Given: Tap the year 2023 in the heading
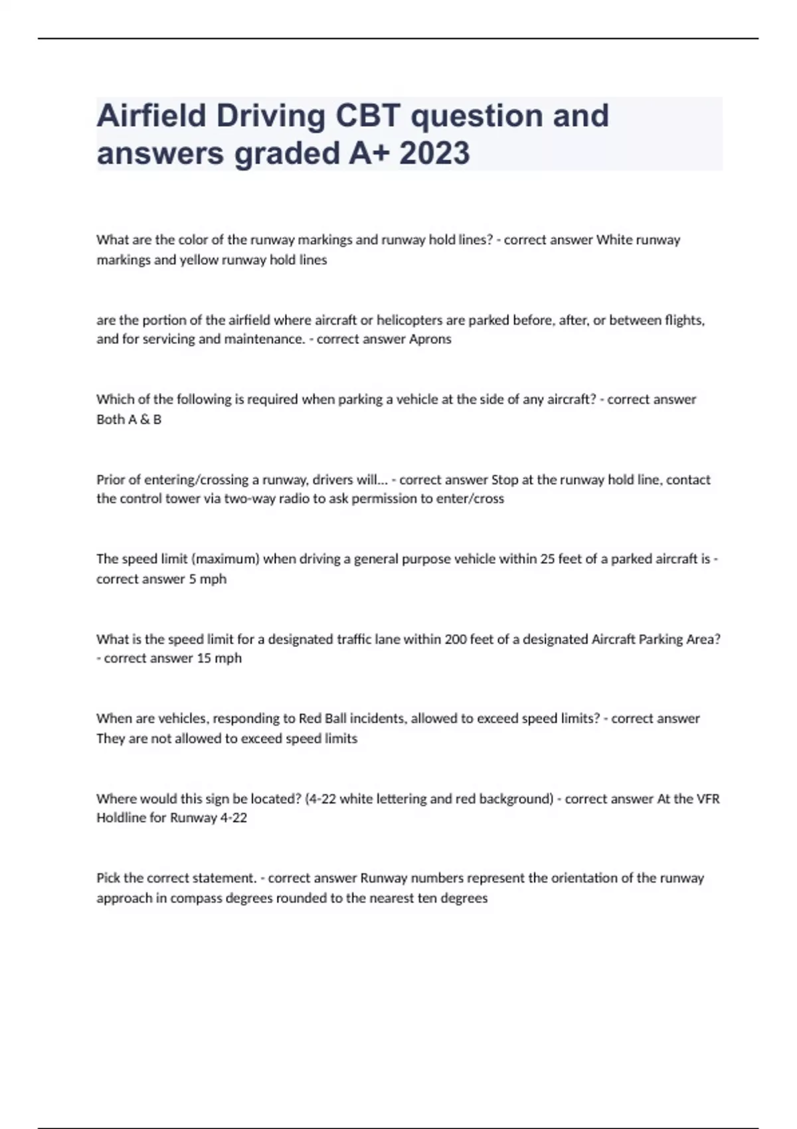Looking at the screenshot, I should pyautogui.click(x=435, y=153).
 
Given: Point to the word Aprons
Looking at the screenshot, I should pyautogui.click(x=431, y=339).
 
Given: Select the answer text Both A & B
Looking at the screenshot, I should pyautogui.click(x=129, y=420).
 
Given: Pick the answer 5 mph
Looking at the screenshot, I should pyautogui.click(x=207, y=579).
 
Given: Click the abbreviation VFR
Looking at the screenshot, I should pyautogui.click(x=707, y=799).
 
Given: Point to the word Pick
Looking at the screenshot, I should pyautogui.click(x=108, y=878).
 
